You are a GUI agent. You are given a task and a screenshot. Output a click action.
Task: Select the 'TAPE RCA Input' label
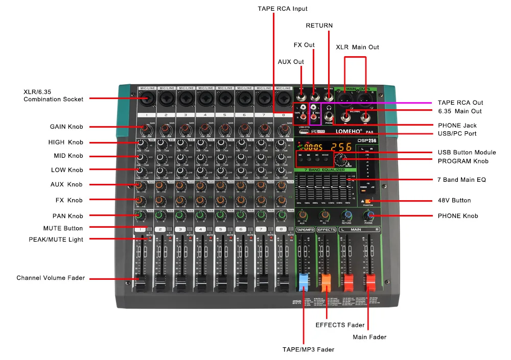tap(282, 9)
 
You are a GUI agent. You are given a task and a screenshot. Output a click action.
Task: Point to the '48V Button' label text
tap(454, 201)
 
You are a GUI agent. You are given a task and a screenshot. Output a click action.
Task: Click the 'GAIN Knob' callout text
tap(66, 127)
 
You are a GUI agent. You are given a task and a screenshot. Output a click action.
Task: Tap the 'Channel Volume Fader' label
tap(51, 278)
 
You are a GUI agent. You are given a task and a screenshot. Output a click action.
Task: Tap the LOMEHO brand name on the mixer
tap(340, 132)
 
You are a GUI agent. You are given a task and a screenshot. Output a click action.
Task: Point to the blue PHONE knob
tap(369, 216)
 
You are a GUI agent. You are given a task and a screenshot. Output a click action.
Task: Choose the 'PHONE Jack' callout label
tap(457, 125)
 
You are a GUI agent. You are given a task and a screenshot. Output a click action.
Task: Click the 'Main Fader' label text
tap(369, 337)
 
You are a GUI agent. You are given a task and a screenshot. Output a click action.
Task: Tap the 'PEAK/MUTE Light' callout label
tap(56, 239)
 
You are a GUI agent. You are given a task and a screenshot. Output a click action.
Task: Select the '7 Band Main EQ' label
tap(461, 180)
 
